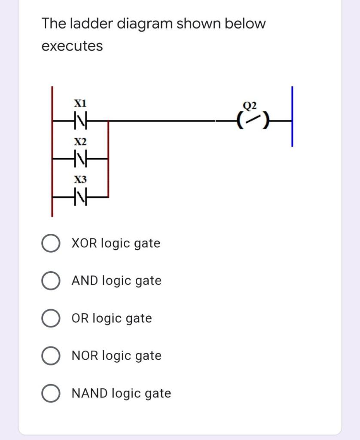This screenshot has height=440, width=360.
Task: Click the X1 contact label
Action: pos(80,104)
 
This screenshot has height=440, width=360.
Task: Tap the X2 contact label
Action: pos(80,141)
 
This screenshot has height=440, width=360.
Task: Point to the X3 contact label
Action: pos(80,179)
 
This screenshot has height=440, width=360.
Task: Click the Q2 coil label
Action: pos(249,105)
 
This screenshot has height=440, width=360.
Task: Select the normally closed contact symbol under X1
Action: pos(80,122)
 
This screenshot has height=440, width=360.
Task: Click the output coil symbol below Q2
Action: pos(249,122)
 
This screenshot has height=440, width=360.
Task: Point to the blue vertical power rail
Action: pos(292,116)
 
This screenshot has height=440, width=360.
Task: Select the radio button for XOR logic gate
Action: pos(50,244)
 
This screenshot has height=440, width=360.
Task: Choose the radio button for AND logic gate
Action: pos(50,281)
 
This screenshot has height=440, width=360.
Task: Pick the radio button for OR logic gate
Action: pos(50,319)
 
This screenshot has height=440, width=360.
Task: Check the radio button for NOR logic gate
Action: pos(50,356)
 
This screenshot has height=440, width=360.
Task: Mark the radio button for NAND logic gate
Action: pos(50,394)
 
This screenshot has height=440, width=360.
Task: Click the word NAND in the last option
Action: pos(90,393)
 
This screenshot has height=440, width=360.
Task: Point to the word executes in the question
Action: pos(72,46)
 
